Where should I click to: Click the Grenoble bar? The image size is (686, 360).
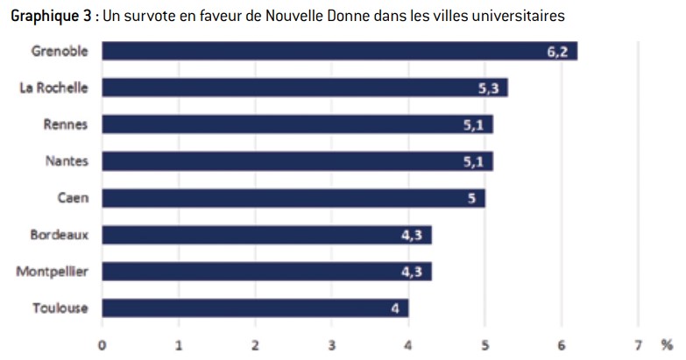pos(340,51)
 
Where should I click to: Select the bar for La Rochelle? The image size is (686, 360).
pos(305,88)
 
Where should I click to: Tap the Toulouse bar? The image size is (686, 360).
pos(256,308)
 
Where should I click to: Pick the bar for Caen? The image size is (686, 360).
pos(293,198)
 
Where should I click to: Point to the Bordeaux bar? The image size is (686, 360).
pos(267,235)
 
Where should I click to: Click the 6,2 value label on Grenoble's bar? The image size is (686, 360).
pos(557,52)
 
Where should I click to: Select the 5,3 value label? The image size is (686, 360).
pos(488,88)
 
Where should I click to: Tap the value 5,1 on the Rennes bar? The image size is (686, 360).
pos(473,125)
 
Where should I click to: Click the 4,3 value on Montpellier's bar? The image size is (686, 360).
pos(412,272)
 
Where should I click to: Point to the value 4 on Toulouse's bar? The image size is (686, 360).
pos(395,309)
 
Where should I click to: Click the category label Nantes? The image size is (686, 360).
pos(67,161)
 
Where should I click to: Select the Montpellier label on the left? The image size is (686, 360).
pos(52,272)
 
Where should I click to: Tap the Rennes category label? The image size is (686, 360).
pos(66,124)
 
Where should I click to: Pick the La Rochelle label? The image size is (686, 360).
pos(53,88)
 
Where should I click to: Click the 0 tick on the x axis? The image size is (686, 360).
pos(102,346)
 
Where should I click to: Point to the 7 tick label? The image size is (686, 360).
pos(639,346)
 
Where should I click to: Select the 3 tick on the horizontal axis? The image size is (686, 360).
pos(332,346)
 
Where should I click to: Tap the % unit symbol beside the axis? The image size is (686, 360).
pos(667,346)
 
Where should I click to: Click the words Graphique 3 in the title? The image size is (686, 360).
pos(51,16)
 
